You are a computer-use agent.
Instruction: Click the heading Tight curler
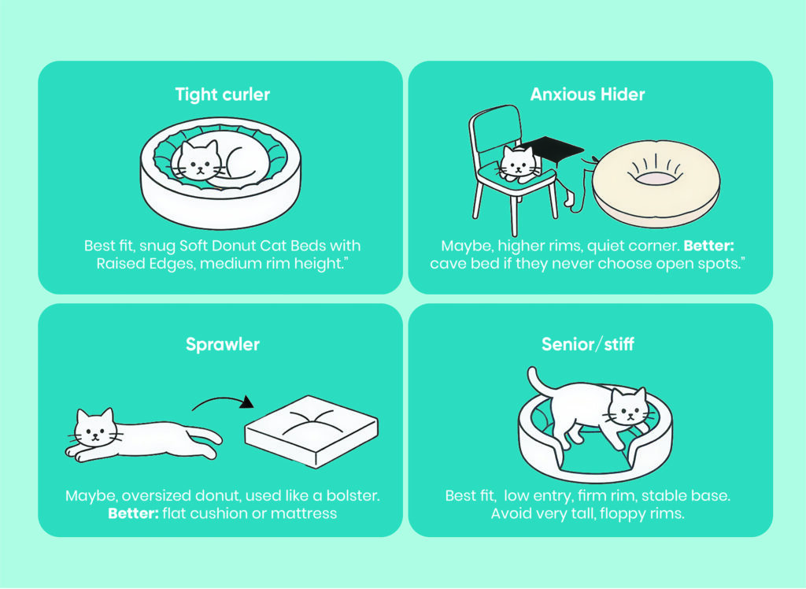222,94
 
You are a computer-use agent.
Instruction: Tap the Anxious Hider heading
587,94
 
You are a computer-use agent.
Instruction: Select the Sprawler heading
222,344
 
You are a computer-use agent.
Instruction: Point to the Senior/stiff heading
587,344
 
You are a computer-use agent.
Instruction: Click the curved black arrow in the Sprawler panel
225,406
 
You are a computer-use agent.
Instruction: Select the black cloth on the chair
554,148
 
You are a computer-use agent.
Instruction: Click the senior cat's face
627,408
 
